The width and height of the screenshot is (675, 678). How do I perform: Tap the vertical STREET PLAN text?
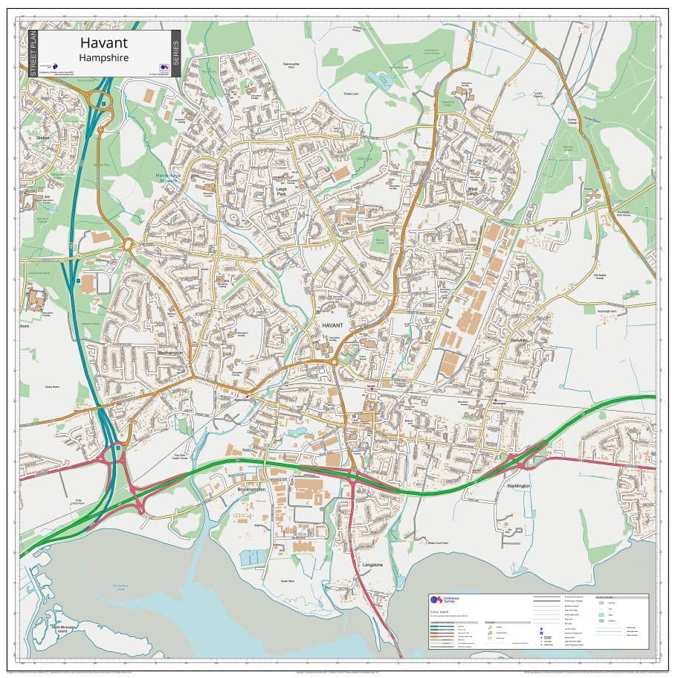(x=33, y=54)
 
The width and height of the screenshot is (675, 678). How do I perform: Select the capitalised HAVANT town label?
(x=332, y=326)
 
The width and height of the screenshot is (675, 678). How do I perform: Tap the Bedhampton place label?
(x=170, y=353)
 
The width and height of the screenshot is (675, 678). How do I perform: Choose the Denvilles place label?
(x=519, y=340)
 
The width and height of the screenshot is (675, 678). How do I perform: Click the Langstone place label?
(x=372, y=565)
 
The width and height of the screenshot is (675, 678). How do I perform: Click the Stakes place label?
(x=42, y=138)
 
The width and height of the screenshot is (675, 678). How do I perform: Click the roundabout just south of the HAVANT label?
(x=335, y=362)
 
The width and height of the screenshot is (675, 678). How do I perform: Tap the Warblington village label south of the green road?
(x=518, y=485)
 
